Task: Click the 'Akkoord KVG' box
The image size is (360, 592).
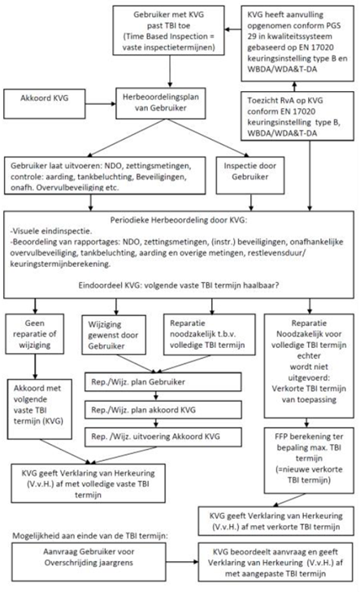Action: tap(45, 104)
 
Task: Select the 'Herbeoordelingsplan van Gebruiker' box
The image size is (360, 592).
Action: tap(161, 103)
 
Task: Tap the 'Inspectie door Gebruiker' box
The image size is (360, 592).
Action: tap(249, 176)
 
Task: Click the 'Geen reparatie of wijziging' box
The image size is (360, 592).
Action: tap(35, 334)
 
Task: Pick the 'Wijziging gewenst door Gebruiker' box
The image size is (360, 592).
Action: tap(114, 335)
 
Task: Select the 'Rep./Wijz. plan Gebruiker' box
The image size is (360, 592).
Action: tap(163, 382)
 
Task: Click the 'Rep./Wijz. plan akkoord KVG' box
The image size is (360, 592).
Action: tap(163, 410)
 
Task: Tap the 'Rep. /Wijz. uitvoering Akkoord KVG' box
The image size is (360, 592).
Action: tap(163, 437)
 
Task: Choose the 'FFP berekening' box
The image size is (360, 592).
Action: tap(309, 460)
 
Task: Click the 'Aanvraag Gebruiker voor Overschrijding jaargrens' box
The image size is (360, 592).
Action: tap(89, 562)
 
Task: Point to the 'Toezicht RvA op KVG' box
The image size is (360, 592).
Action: tap(297, 116)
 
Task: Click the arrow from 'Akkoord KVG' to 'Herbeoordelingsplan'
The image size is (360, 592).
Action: tap(101, 104)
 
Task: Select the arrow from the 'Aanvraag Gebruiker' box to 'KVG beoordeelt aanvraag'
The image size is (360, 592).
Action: tap(182, 562)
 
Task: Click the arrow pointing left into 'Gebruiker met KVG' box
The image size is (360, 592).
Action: tap(233, 29)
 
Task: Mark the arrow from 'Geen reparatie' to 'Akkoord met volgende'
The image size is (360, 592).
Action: tap(35, 367)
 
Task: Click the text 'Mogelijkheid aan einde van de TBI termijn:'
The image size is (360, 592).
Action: tap(90, 536)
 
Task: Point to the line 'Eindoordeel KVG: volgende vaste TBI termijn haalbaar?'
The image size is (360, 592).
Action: tap(179, 285)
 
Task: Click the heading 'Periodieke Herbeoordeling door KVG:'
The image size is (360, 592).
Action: tap(179, 220)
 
